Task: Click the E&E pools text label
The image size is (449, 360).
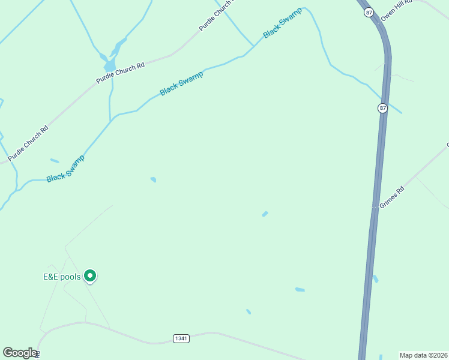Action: (61, 277)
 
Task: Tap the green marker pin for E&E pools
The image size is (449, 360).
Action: (90, 275)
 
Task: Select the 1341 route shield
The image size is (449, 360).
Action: (181, 338)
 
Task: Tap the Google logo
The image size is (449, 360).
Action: (20, 353)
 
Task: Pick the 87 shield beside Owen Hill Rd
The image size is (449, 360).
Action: (369, 12)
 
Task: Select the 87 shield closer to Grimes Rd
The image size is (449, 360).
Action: (383, 108)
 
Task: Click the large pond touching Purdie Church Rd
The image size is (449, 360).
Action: (110, 65)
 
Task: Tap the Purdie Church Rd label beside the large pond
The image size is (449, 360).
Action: (121, 73)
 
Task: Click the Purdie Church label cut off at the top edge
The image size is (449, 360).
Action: (216, 16)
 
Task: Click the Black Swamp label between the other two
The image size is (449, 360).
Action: (181, 83)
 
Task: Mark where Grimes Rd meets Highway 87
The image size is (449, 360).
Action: (376, 208)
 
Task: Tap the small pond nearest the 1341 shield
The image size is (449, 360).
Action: (248, 311)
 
